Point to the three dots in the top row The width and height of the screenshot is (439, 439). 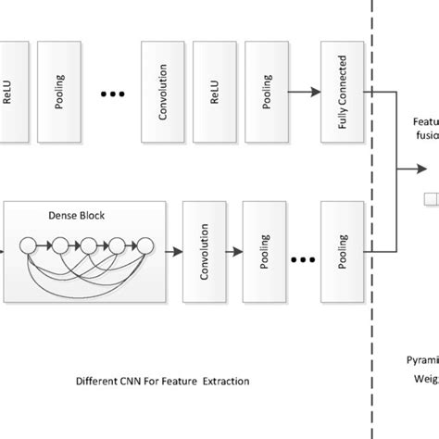(x=111, y=93)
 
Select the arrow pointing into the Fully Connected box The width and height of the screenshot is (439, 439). (x=303, y=92)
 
